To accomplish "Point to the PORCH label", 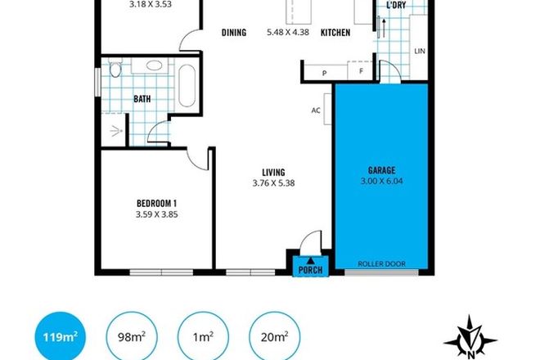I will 310,270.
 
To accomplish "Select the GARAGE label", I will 380,172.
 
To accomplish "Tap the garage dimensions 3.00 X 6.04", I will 380,183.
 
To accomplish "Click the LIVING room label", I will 273,172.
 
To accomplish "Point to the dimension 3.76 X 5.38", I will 273,183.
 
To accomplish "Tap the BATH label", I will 142,101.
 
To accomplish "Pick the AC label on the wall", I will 315,111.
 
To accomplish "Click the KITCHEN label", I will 335,33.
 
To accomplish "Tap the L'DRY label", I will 397,7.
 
